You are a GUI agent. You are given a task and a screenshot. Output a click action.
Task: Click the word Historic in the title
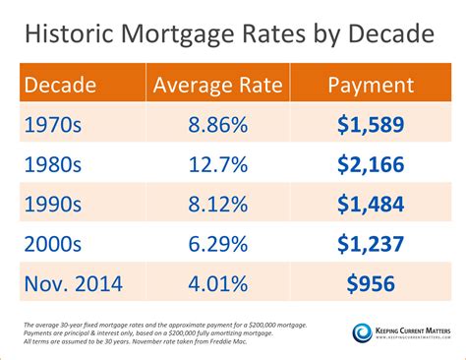tap(70, 36)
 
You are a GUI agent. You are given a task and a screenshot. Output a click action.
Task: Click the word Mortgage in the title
tap(173, 37)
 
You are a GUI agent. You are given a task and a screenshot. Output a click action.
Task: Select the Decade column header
tap(61, 85)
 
